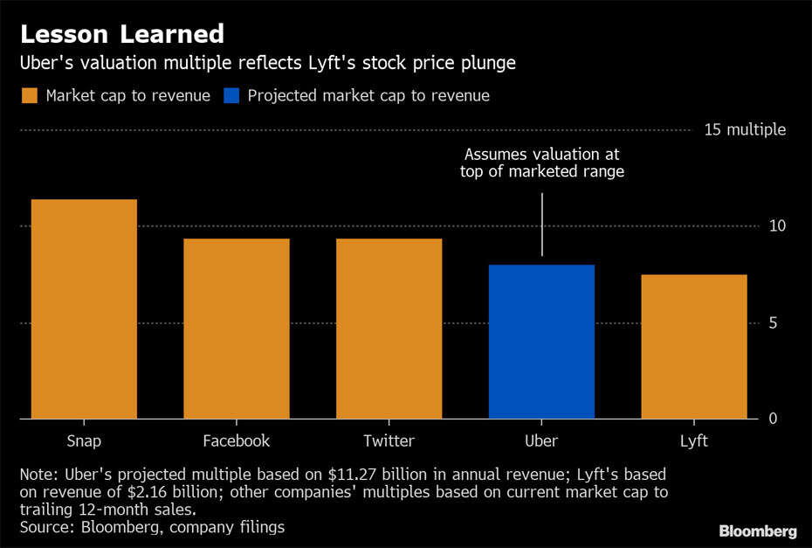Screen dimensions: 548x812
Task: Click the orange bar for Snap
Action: click(84, 309)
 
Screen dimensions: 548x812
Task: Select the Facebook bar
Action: click(236, 329)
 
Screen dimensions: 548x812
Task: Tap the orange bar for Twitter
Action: click(389, 329)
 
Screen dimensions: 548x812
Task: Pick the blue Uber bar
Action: click(541, 342)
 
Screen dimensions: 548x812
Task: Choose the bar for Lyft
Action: click(693, 347)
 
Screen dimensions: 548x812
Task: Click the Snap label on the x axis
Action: click(84, 440)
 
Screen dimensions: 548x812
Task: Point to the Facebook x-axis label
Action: click(236, 440)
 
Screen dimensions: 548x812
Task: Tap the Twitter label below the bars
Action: click(389, 440)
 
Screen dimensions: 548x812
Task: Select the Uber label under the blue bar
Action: click(541, 440)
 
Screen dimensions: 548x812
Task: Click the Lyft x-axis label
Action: click(693, 440)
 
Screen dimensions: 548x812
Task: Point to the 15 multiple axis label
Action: click(745, 129)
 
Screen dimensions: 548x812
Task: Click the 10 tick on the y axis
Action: click(777, 225)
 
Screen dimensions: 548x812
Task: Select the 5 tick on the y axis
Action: click(773, 323)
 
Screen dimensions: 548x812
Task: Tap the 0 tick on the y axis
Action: click(773, 419)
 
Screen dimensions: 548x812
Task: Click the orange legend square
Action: click(30, 95)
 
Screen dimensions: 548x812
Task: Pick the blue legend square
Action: click(231, 95)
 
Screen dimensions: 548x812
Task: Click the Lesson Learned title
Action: click(122, 34)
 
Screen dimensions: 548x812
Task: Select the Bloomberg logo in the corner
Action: click(757, 531)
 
